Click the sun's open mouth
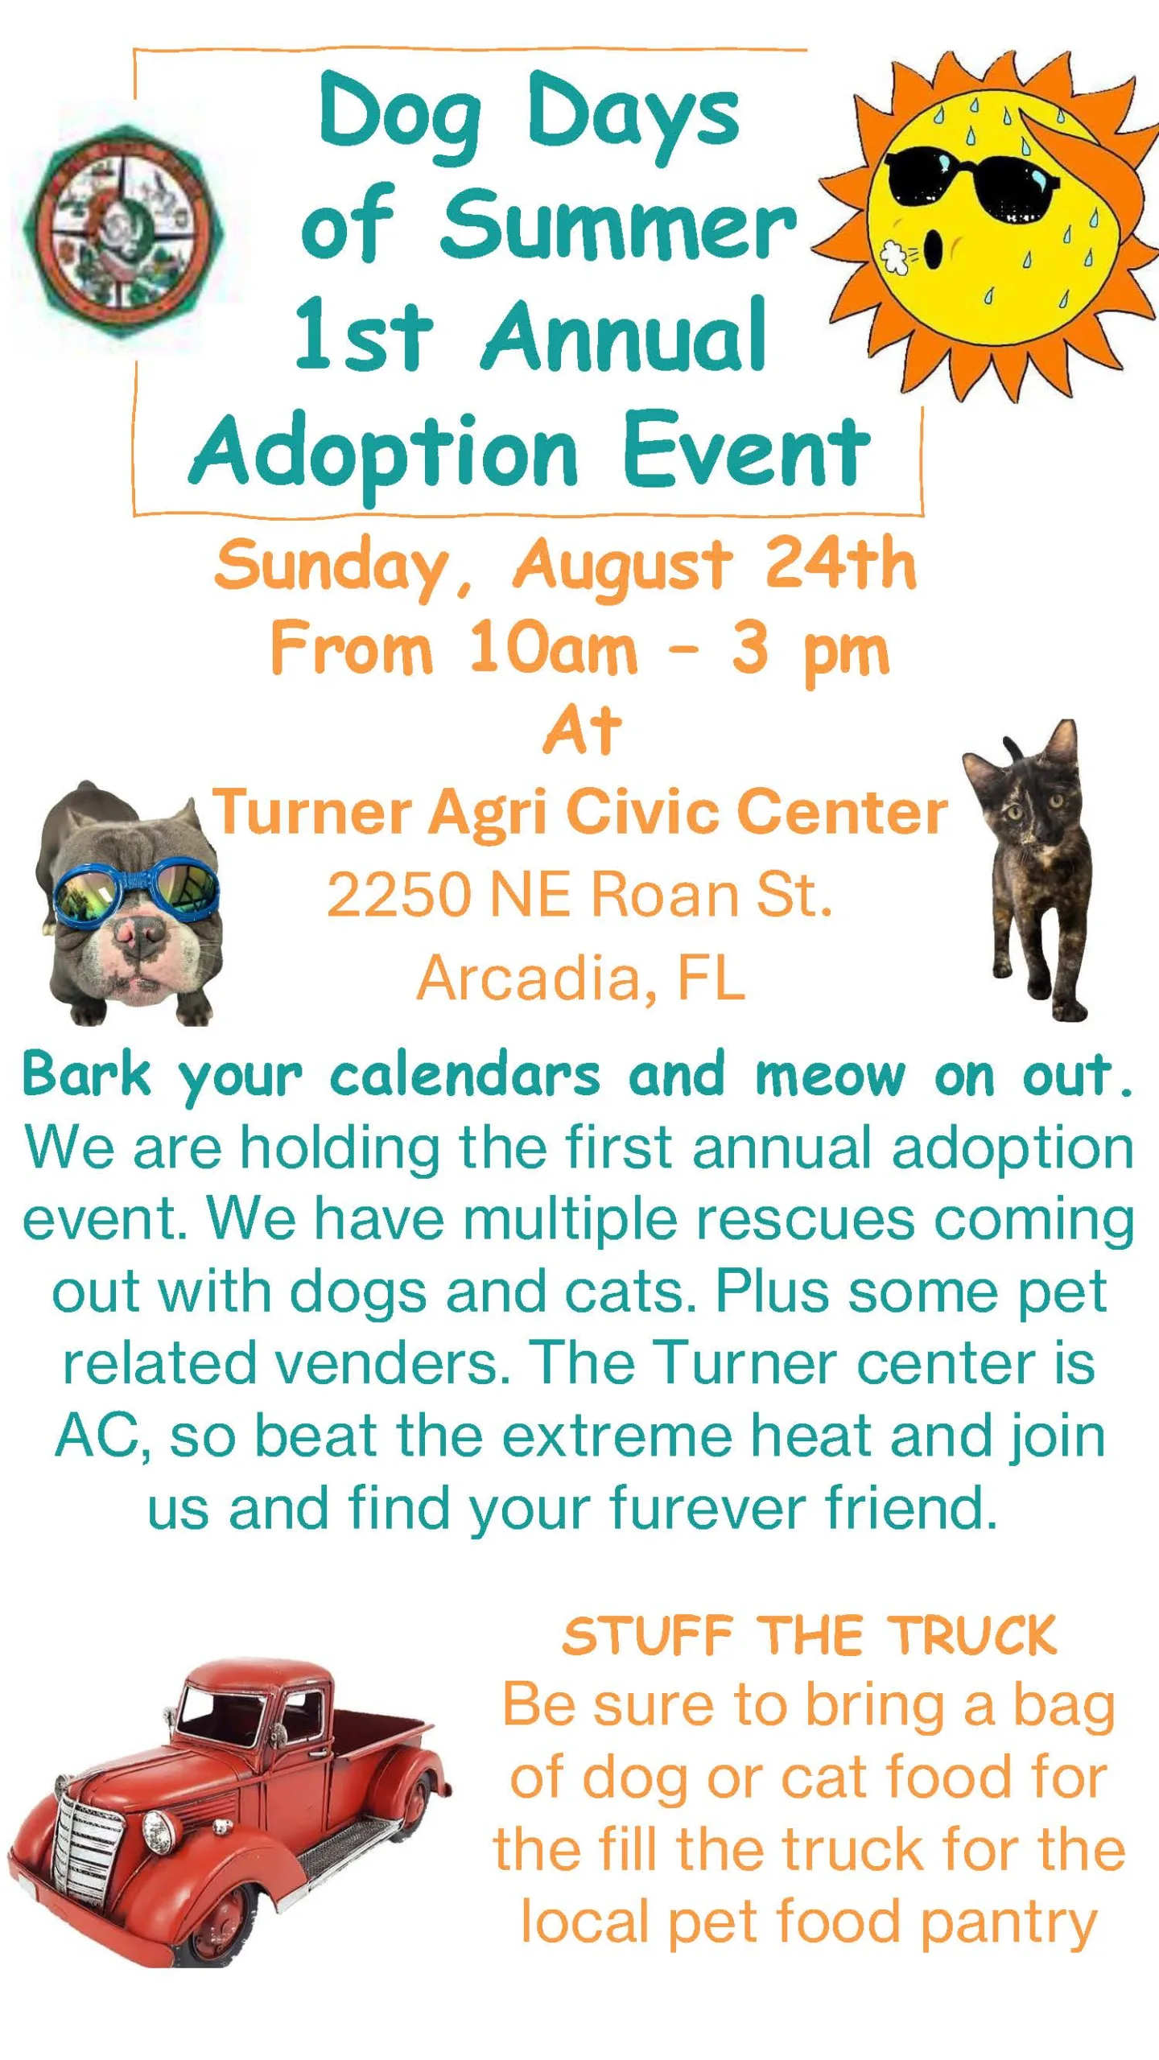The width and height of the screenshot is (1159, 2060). [933, 251]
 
